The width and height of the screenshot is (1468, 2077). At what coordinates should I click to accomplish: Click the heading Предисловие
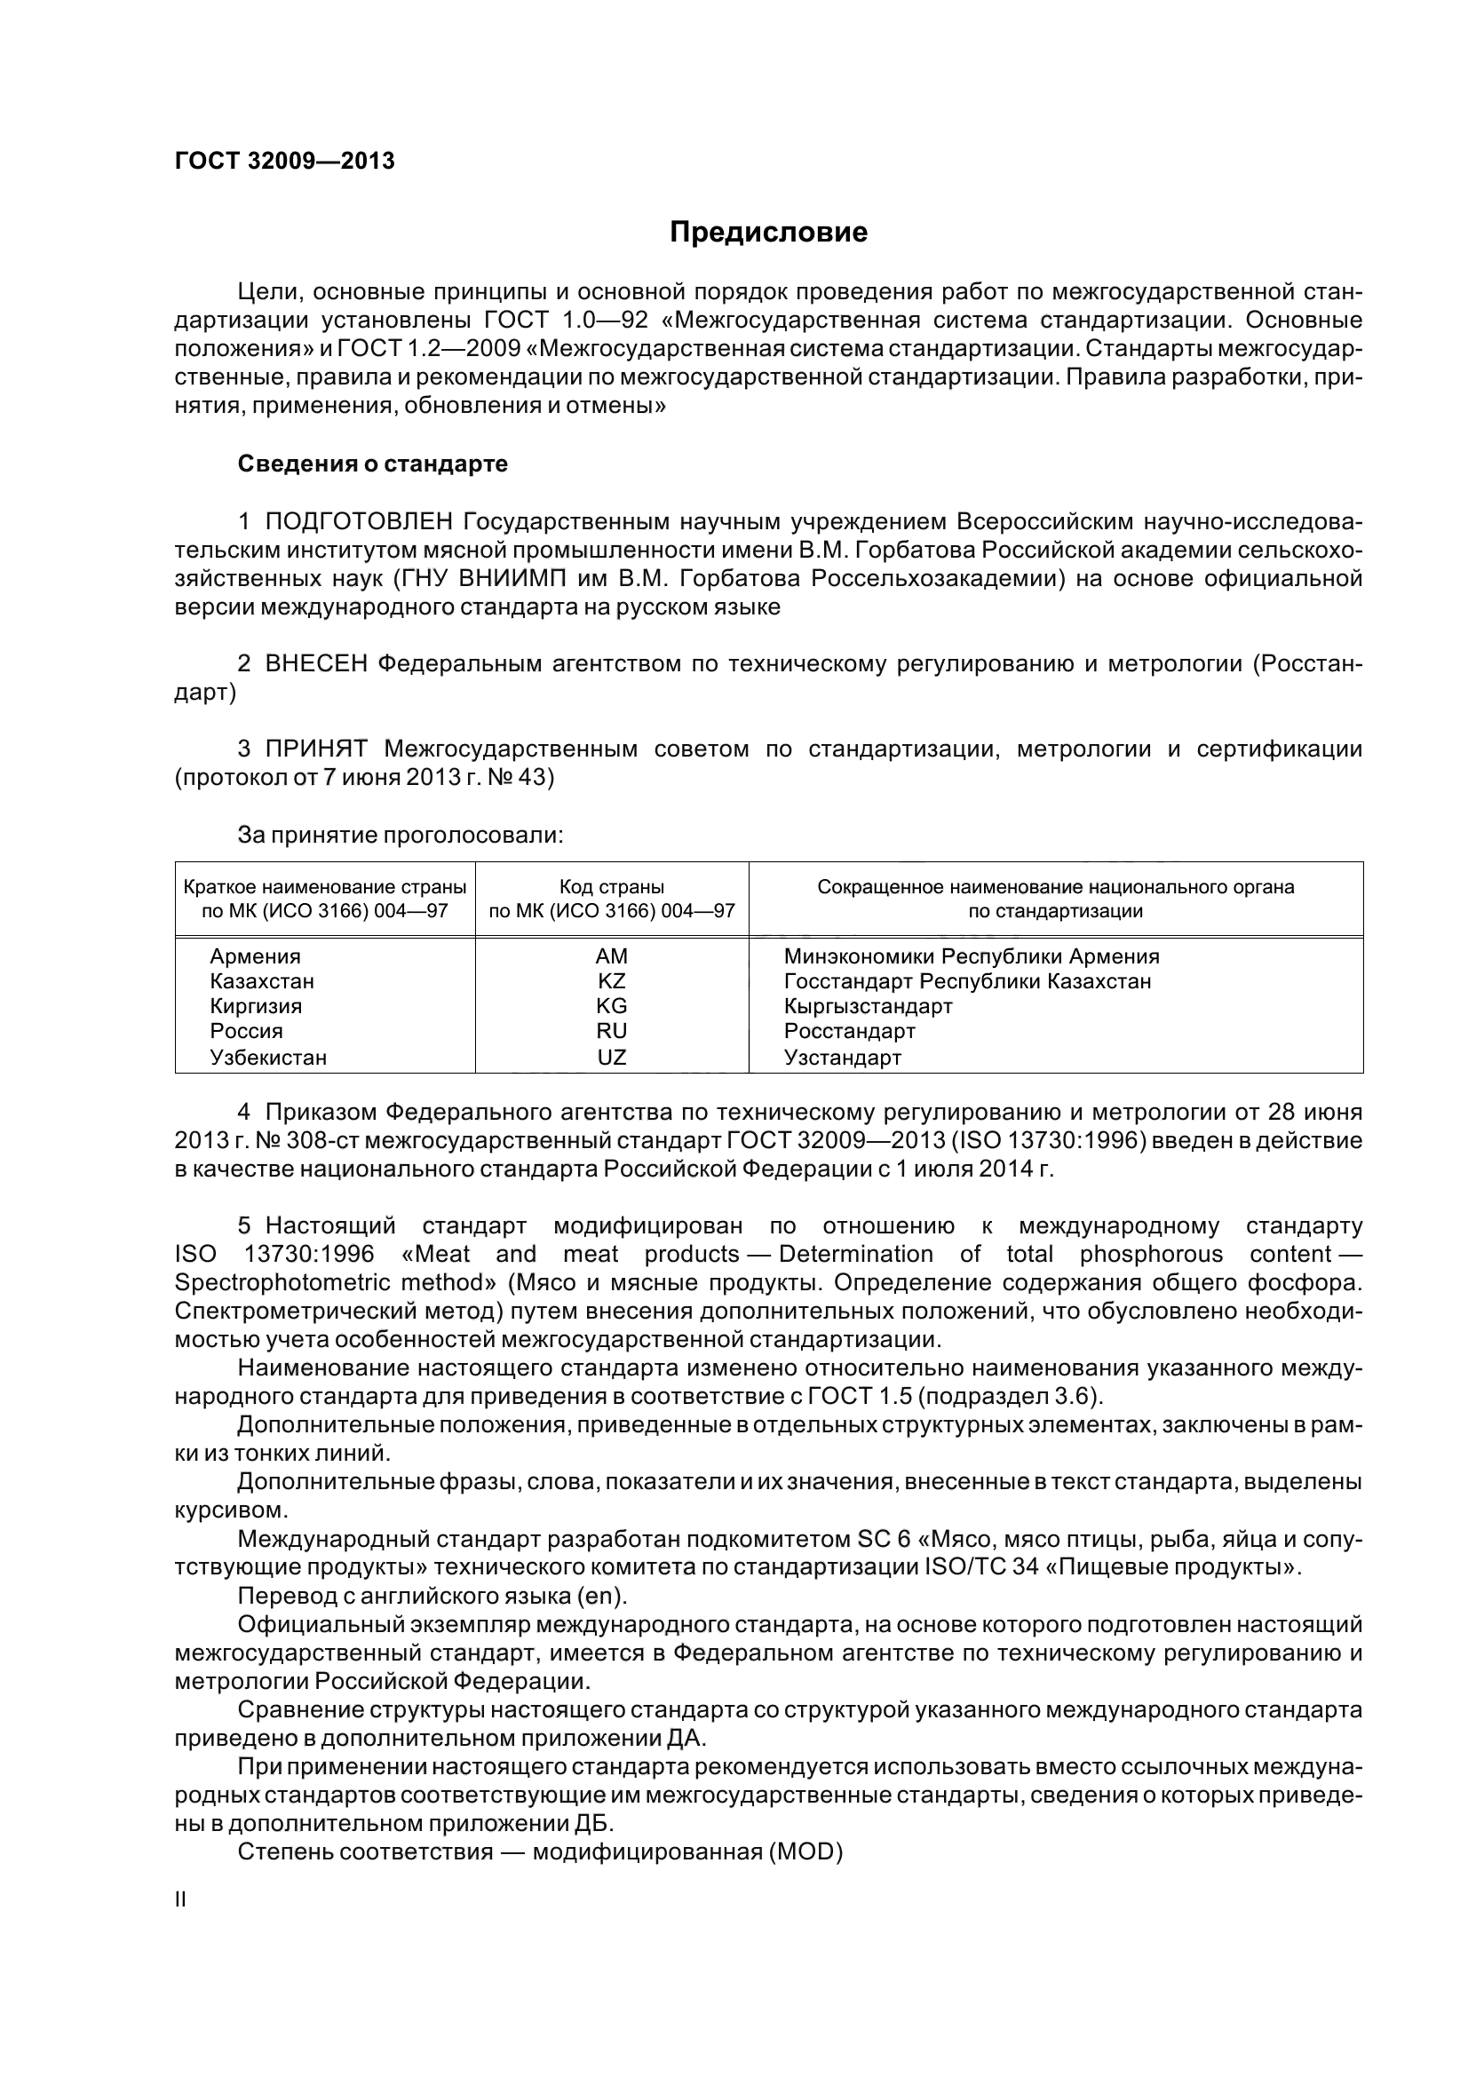point(768,233)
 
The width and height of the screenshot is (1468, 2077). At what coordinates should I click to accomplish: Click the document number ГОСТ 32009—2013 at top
point(284,161)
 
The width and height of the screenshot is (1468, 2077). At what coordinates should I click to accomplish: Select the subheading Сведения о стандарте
point(373,464)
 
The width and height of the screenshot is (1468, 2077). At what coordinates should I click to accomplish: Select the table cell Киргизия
point(256,1006)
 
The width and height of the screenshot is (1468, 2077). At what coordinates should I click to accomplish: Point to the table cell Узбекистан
point(267,1057)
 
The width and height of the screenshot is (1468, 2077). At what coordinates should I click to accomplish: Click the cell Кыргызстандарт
point(868,1006)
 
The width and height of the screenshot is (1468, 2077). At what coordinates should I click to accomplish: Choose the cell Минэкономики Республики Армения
point(972,956)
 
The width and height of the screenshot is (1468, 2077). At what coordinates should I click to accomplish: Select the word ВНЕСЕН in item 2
point(315,664)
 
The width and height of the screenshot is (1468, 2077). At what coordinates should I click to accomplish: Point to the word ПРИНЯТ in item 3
point(315,749)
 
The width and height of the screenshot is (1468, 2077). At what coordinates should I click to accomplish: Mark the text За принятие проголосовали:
point(400,835)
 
